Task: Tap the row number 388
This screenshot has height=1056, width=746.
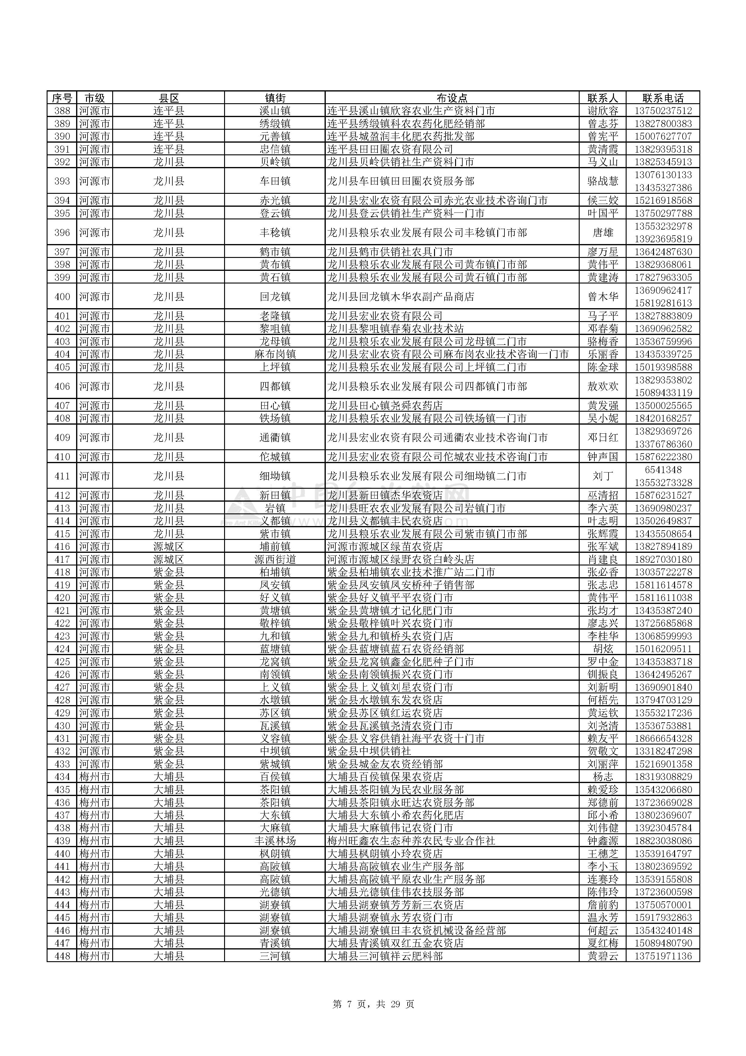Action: tap(62, 111)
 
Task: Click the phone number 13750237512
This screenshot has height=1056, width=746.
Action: tap(663, 111)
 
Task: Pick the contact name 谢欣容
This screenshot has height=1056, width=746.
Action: tap(603, 111)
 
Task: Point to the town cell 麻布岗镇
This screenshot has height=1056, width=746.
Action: tap(275, 354)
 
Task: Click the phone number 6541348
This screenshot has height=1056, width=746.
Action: tap(663, 469)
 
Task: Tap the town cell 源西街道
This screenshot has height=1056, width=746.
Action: tap(275, 559)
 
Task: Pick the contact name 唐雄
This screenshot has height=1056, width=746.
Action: tap(603, 233)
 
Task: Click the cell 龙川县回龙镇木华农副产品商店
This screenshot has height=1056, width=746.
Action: tap(400, 297)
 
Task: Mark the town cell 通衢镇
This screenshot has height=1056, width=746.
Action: tap(275, 437)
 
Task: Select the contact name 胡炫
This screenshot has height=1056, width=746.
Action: tap(603, 649)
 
